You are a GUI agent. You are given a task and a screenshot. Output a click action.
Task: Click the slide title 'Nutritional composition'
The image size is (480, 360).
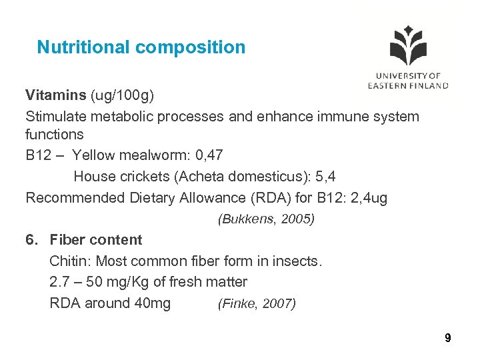pyautogui.click(x=141, y=47)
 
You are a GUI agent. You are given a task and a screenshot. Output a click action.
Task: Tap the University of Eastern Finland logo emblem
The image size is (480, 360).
pyautogui.click(x=407, y=47)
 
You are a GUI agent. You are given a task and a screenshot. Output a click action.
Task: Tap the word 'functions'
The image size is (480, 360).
pyautogui.click(x=55, y=134)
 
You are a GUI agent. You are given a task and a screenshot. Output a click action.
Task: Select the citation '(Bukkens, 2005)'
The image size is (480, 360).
pyautogui.click(x=266, y=219)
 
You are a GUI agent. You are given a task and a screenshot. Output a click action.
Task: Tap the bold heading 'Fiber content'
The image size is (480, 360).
pyautogui.click(x=96, y=240)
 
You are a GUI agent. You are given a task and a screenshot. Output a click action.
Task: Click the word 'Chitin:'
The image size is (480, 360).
pyautogui.click(x=70, y=261)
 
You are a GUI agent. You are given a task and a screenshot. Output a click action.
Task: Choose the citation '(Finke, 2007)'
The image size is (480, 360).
pyautogui.click(x=257, y=304)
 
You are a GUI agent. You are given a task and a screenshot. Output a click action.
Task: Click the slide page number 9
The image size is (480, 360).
pyautogui.click(x=448, y=339)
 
